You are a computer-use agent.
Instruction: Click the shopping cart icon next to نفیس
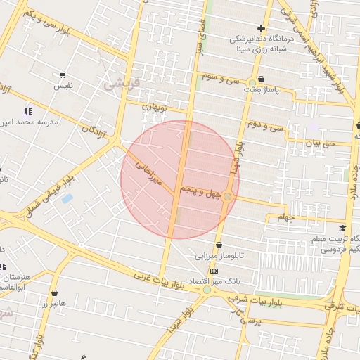pyautogui.click(x=63, y=75)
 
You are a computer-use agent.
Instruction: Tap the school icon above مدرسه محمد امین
pyautogui.click(x=28, y=111)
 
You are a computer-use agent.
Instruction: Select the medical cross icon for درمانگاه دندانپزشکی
pyautogui.click(x=260, y=27)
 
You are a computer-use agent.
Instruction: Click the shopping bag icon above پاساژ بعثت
pyautogui.click(x=262, y=79)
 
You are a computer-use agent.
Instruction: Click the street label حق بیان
pyautogui.click(x=317, y=143)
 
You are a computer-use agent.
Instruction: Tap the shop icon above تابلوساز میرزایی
pyautogui.click(x=220, y=245)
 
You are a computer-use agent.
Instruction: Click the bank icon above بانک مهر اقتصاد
pyautogui.click(x=214, y=271)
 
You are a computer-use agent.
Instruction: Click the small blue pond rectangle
pyautogui.click(x=67, y=198)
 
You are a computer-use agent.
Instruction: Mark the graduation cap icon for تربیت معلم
pyautogui.click(x=342, y=228)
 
